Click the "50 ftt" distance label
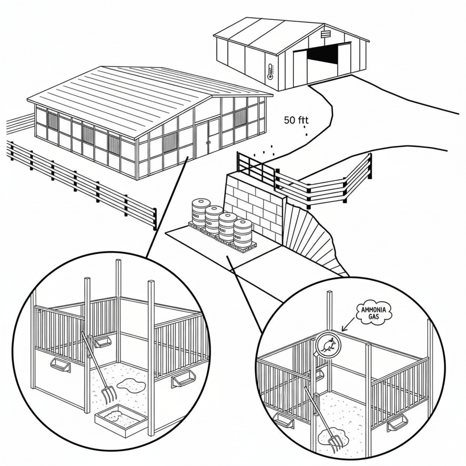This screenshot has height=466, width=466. [x=296, y=121]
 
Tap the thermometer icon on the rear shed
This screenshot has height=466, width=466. [x=271, y=71]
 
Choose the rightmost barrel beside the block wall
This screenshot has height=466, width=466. [x=243, y=233]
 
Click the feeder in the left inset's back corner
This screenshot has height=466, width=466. [x=103, y=342]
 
